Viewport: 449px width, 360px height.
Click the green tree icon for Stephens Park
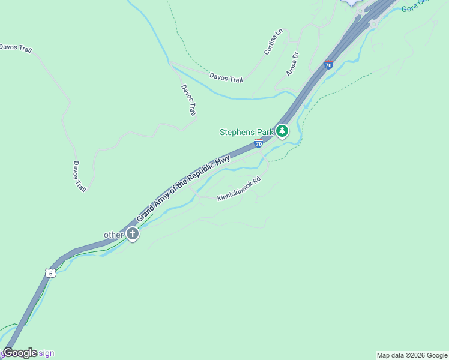click(282, 131)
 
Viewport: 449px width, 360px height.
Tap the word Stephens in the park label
click(238, 132)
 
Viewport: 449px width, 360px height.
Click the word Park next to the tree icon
click(265, 132)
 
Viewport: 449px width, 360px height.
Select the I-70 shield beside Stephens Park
click(258, 143)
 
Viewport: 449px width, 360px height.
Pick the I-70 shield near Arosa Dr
click(328, 64)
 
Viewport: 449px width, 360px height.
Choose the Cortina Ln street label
click(273, 41)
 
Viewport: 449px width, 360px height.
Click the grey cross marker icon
click(132, 234)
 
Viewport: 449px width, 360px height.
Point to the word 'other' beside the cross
click(113, 235)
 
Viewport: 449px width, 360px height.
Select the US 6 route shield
click(50, 273)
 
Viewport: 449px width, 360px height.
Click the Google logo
click(20, 353)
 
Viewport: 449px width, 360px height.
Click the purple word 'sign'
click(47, 353)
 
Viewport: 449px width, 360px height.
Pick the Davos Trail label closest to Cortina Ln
click(226, 78)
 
